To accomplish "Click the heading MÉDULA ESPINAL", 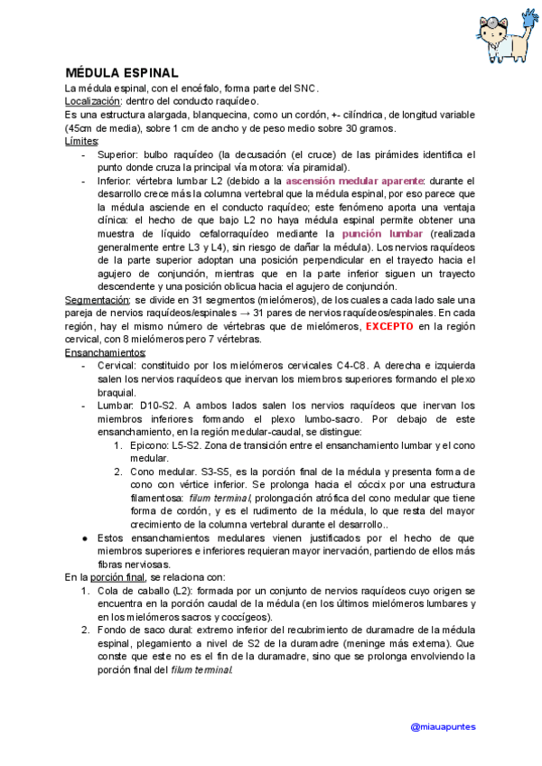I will (121, 73).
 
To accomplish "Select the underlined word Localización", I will (93, 102).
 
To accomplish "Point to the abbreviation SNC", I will (304, 89).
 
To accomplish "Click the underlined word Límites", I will (82, 142).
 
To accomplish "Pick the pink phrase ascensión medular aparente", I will (355, 181).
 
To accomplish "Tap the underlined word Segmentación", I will (98, 299).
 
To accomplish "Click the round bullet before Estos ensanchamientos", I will (84, 538).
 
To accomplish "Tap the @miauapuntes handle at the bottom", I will (443, 726).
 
